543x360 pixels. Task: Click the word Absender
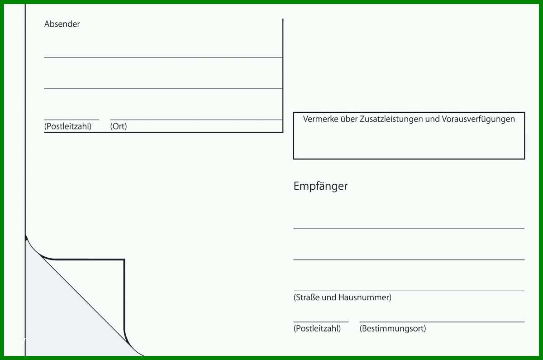[62, 24]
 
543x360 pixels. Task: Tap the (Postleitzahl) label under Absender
[68, 126]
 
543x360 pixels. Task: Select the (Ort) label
[119, 126]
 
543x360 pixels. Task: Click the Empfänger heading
[320, 187]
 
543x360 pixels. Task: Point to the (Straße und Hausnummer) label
[342, 298]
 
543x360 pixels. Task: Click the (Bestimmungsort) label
[393, 329]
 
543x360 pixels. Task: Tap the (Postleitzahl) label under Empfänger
[317, 329]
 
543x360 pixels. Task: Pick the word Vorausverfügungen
[478, 120]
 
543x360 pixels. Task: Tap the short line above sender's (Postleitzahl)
[71, 120]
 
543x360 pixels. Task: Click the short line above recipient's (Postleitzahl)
[321, 322]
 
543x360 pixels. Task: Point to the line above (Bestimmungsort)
[442, 322]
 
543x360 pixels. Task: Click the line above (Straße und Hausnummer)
[409, 291]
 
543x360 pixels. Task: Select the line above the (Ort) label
[196, 120]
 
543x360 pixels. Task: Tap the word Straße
[306, 298]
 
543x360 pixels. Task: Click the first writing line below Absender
[163, 58]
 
